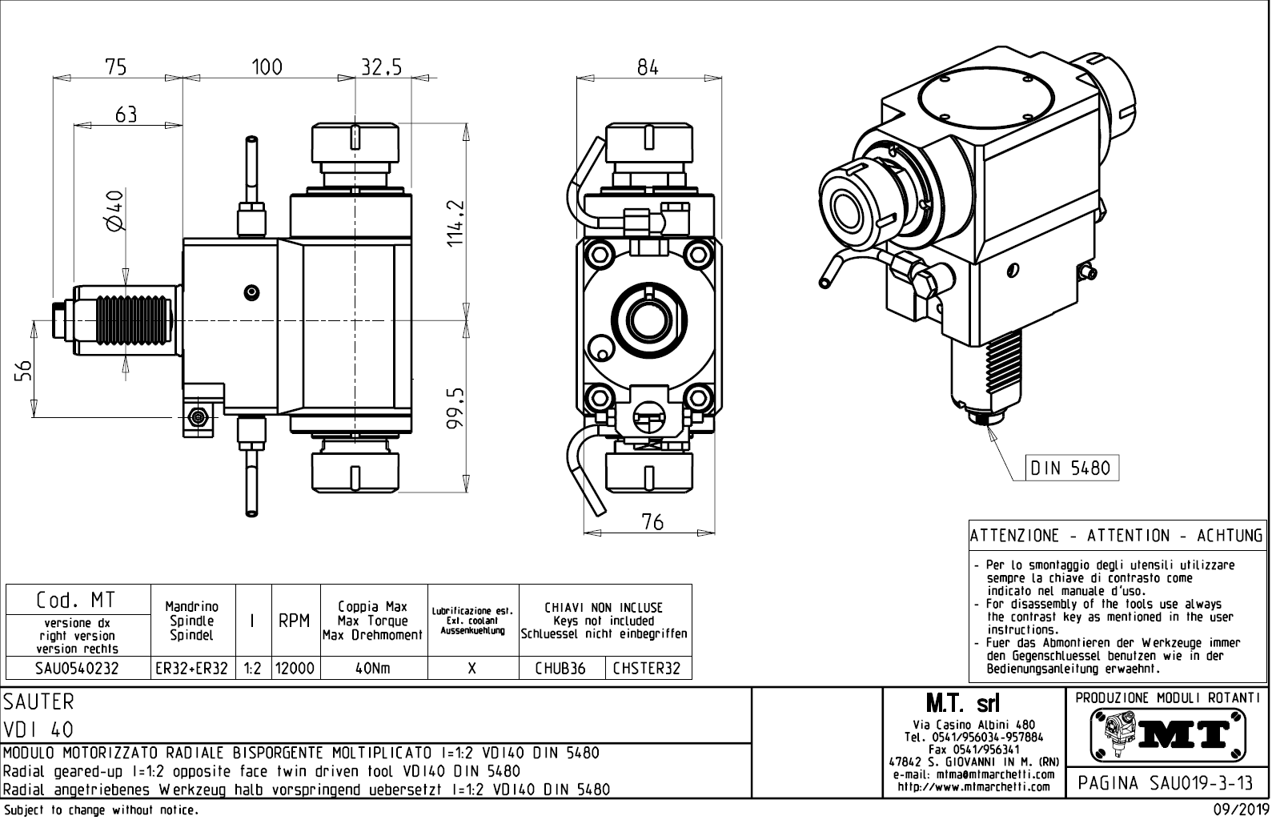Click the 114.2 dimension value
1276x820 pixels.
point(455,223)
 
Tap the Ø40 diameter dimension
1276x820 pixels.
point(114,210)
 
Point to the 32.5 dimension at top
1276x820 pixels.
point(380,67)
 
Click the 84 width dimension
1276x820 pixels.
point(648,67)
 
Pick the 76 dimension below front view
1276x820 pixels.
point(652,522)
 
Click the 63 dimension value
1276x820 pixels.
point(126,115)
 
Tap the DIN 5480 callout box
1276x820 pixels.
point(1071,468)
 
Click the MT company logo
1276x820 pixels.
point(1167,734)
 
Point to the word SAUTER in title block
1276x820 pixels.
point(38,702)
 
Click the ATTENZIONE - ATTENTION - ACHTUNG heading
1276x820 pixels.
point(1117,536)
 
